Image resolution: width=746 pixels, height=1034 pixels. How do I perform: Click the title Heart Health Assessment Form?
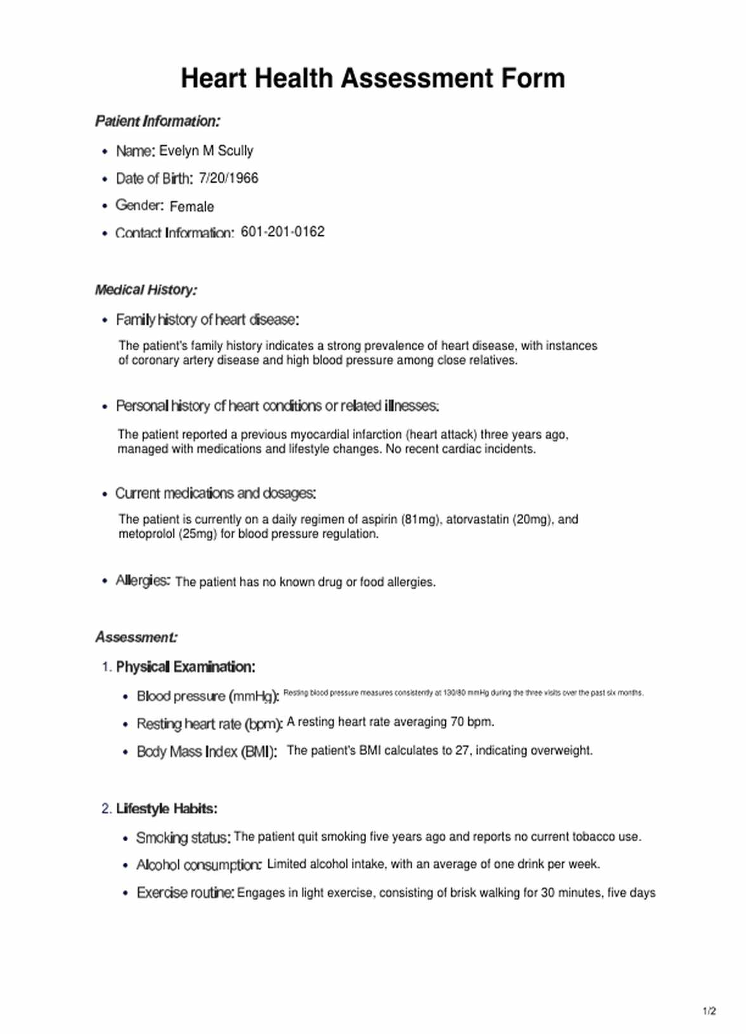(x=372, y=79)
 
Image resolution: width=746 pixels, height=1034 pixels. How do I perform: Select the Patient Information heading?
(x=157, y=121)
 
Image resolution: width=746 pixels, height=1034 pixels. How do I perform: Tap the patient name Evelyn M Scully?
(x=206, y=151)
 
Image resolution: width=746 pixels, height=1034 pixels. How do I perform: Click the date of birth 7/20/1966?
(x=228, y=178)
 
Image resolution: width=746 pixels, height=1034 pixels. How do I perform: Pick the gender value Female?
(x=192, y=207)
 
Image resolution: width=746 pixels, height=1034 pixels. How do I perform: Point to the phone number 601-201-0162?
(x=282, y=232)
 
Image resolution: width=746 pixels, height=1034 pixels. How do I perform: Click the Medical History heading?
(x=146, y=290)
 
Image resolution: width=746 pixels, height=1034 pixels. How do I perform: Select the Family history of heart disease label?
(x=207, y=320)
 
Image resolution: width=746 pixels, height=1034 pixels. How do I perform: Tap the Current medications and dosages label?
(x=215, y=494)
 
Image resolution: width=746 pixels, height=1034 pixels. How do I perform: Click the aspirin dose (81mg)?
(x=421, y=520)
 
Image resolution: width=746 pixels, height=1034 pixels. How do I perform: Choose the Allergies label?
(x=142, y=581)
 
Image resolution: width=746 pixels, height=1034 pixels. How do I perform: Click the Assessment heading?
(x=136, y=638)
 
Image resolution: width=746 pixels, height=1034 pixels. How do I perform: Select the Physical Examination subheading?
(x=185, y=667)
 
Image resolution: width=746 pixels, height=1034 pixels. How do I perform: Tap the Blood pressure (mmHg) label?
(x=207, y=697)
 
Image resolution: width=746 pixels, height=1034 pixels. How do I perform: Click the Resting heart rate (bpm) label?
(x=209, y=724)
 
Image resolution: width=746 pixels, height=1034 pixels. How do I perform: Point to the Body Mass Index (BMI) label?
(x=207, y=752)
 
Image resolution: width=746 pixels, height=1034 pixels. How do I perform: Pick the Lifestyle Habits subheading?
(x=166, y=809)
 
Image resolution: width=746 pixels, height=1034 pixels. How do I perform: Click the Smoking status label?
(x=183, y=838)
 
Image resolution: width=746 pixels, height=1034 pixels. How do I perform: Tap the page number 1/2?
(x=709, y=1011)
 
